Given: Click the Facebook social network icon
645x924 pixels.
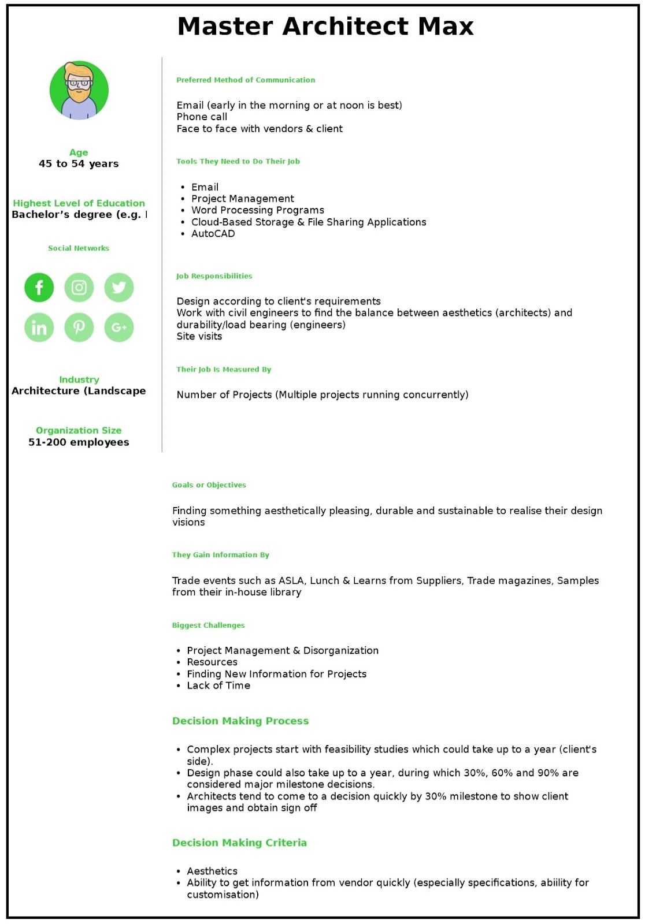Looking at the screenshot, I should click(39, 288).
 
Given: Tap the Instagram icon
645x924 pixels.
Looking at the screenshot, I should click(79, 288).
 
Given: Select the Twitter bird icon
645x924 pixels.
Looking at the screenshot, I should click(119, 288).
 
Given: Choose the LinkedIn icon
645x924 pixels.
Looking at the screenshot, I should click(39, 327).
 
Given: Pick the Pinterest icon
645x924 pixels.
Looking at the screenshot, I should click(79, 327).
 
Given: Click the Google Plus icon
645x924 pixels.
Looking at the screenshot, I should click(119, 327).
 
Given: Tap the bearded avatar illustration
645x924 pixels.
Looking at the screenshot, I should click(79, 91).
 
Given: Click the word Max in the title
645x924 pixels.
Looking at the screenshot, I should click(446, 27).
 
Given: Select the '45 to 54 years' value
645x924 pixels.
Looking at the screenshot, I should click(79, 164).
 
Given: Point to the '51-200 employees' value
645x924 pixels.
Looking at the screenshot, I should click(79, 442).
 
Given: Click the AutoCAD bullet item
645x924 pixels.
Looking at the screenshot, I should click(213, 234).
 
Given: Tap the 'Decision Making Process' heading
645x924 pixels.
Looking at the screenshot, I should click(240, 721).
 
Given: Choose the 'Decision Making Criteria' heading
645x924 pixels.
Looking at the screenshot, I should click(239, 843).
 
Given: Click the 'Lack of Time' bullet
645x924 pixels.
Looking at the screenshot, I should click(218, 686).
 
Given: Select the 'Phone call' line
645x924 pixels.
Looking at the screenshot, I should click(202, 117).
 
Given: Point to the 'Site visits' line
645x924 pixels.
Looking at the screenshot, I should click(199, 337).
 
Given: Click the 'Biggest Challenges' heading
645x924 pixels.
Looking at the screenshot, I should click(209, 625).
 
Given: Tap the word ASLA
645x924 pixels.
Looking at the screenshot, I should click(291, 581).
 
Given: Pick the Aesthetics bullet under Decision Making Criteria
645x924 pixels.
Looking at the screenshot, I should click(212, 871).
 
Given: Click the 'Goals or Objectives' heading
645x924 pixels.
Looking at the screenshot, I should click(209, 485).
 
